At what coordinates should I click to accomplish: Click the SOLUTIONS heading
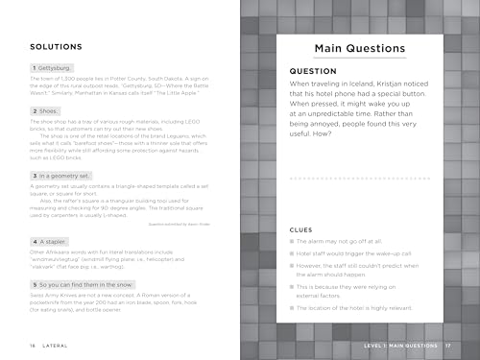pos(55,45)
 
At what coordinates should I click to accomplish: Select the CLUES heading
pos(302,204)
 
